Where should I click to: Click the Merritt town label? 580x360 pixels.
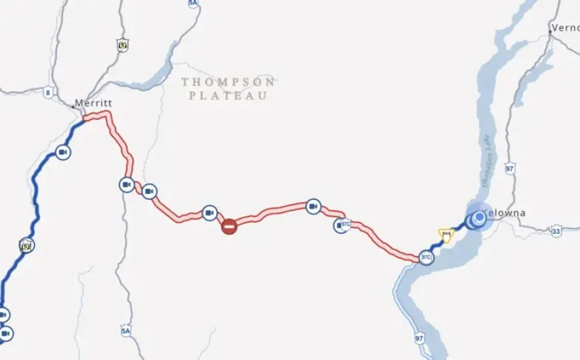click(93, 103)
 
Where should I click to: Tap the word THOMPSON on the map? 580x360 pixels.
click(228, 82)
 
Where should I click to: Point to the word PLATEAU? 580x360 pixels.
click(228, 95)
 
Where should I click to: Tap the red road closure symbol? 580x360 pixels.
click(229, 227)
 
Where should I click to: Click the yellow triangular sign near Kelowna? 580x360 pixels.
click(445, 234)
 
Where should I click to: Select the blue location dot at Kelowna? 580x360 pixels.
click(479, 219)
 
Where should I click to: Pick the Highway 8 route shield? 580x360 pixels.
click(48, 93)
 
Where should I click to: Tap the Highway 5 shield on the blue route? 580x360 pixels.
click(26, 245)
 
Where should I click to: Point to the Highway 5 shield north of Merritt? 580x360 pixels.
click(121, 45)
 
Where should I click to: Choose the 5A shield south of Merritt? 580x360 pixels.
click(125, 331)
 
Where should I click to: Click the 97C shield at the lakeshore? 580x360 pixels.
click(426, 257)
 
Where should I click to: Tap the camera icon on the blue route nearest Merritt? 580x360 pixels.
click(63, 153)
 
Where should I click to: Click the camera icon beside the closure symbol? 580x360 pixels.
click(209, 213)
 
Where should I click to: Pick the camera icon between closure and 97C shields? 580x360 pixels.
click(313, 207)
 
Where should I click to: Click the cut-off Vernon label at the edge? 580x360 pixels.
click(565, 29)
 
